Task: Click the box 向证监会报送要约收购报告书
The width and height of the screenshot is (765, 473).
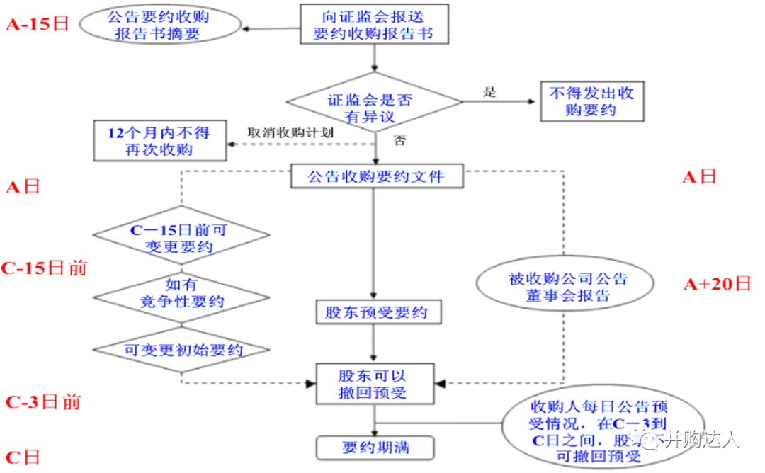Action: (x=373, y=23)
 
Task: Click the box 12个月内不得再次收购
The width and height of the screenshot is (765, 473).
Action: (x=159, y=140)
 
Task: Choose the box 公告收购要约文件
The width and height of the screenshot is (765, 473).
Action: (x=377, y=176)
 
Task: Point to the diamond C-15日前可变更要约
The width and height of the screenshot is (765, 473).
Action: (x=182, y=238)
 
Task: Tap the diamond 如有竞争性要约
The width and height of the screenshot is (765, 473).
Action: (x=182, y=293)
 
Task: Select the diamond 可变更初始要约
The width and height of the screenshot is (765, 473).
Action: (x=182, y=350)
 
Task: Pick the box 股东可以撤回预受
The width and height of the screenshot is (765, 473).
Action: (x=373, y=384)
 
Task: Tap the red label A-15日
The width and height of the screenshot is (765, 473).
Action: (x=38, y=23)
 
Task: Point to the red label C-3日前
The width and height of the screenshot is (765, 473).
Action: (x=43, y=402)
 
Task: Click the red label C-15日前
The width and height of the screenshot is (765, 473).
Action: (x=45, y=268)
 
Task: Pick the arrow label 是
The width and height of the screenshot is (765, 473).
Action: (x=489, y=91)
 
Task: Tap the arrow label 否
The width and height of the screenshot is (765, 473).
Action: (x=399, y=141)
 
